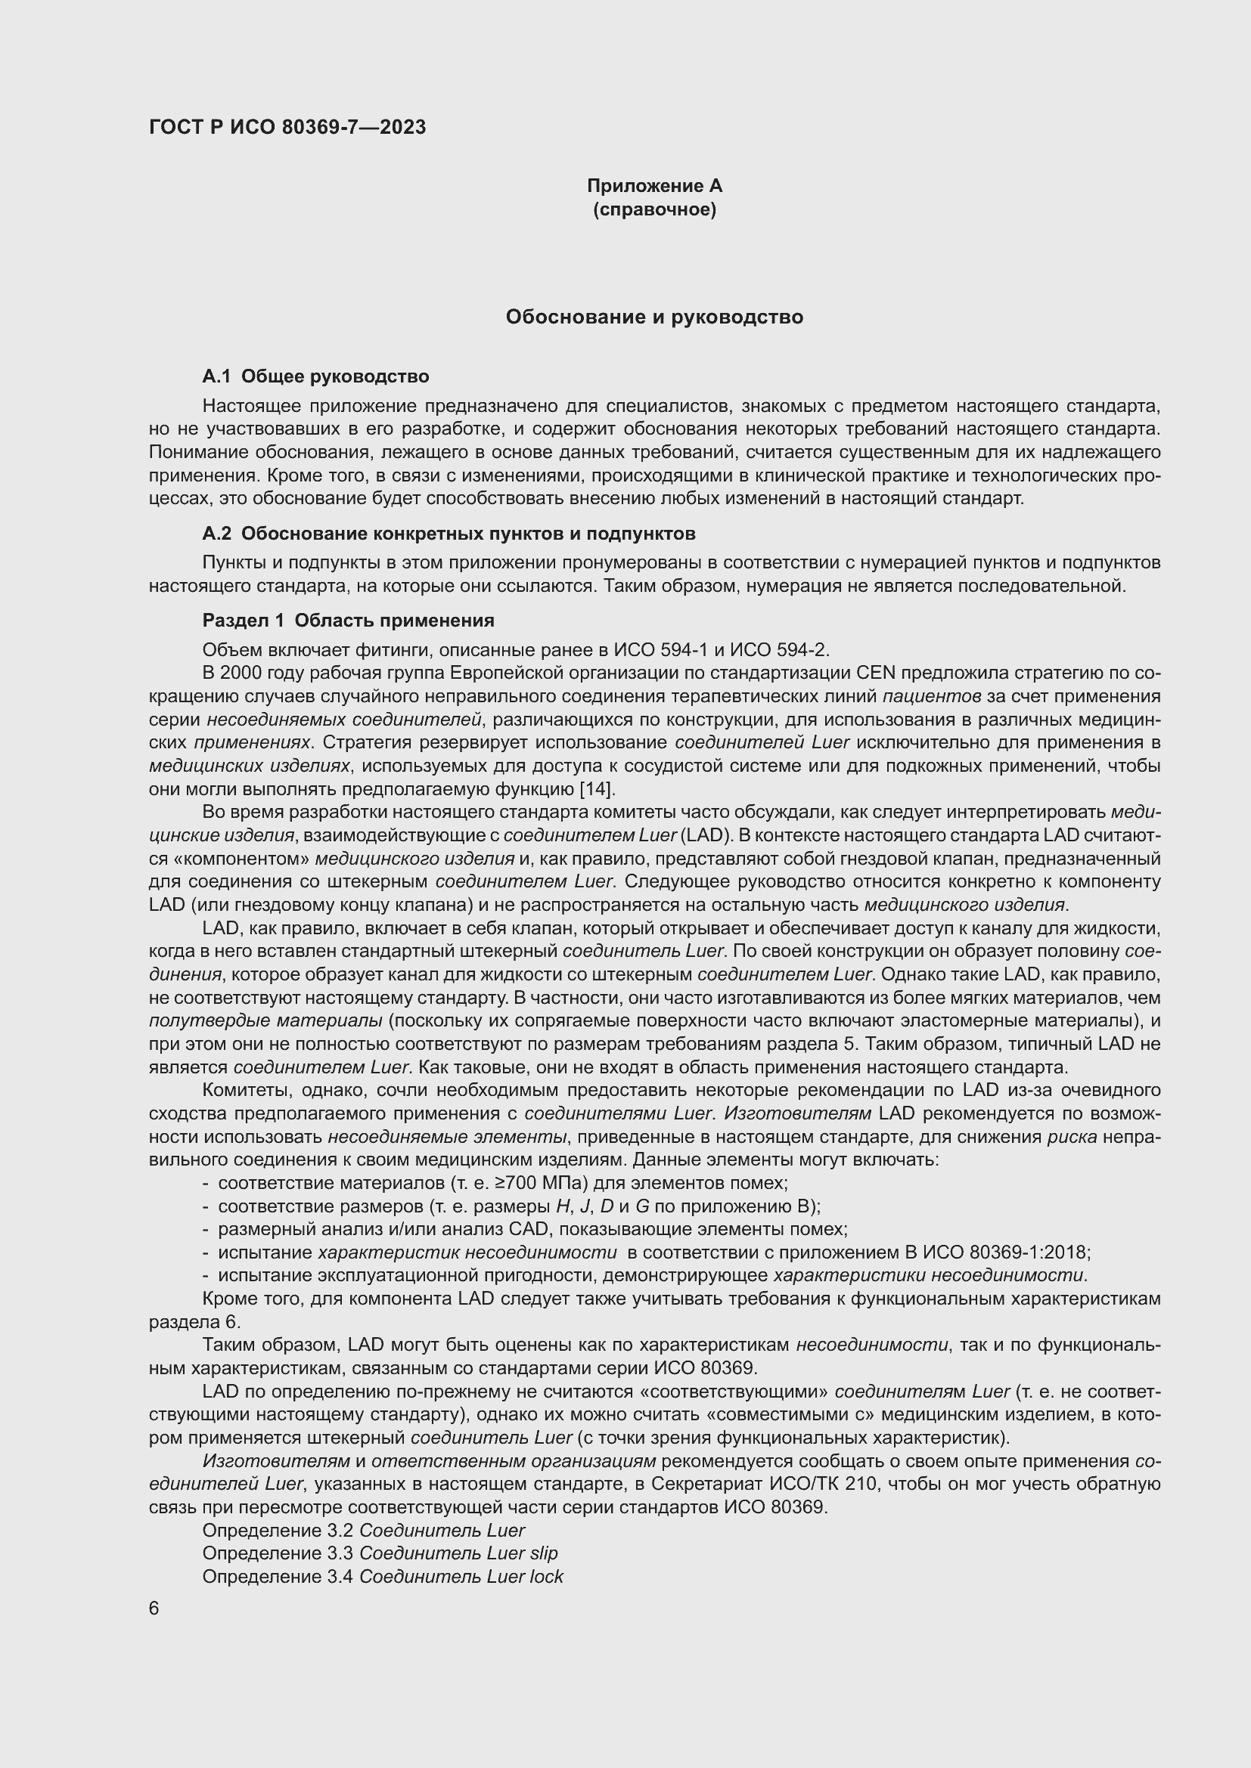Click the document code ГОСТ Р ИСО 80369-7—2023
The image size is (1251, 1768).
[287, 128]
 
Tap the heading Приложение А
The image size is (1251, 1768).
[654, 186]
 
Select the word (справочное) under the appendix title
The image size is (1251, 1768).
[654, 209]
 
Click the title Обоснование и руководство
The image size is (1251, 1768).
[654, 317]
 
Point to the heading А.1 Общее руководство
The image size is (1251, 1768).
[315, 376]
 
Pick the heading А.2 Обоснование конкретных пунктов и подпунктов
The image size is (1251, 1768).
[449, 534]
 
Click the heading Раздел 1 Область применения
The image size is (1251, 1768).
[347, 620]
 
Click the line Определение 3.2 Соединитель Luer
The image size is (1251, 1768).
[363, 1530]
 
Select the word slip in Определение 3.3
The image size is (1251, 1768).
[544, 1553]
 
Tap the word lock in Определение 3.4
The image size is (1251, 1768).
[546, 1576]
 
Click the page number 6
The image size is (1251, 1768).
[154, 1609]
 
